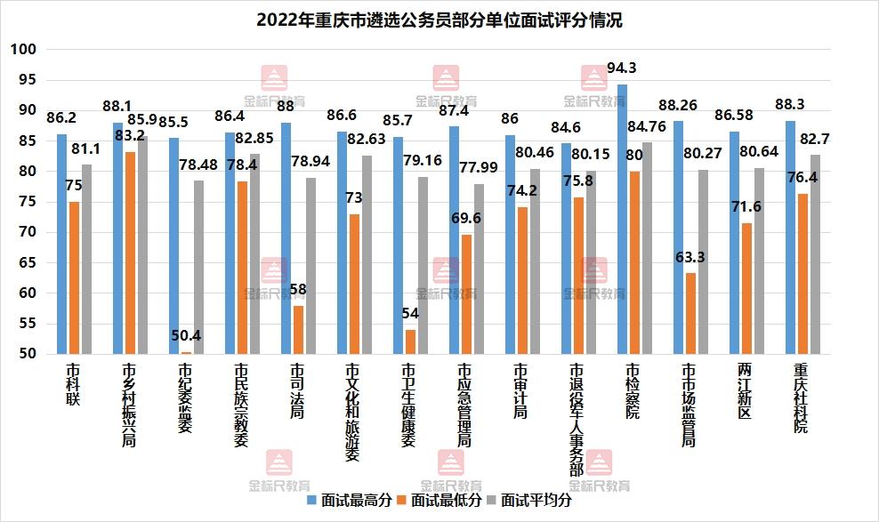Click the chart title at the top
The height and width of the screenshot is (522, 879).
pyautogui.click(x=439, y=20)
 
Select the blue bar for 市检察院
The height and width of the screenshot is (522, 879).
pyautogui.click(x=622, y=219)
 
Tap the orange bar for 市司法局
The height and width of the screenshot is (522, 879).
pyautogui.click(x=298, y=330)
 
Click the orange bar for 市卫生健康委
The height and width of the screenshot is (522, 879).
pyautogui.click(x=410, y=341)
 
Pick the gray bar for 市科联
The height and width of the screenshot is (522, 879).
pyautogui.click(x=85, y=259)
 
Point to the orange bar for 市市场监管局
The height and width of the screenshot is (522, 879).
pyautogui.click(x=690, y=313)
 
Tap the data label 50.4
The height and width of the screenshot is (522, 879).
pyautogui.click(x=185, y=336)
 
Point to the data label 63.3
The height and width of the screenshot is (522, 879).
pyautogui.click(x=689, y=258)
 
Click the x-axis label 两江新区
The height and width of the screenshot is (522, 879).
pyautogui.click(x=746, y=390)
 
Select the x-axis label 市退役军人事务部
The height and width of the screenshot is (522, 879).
pyautogui.click(x=577, y=419)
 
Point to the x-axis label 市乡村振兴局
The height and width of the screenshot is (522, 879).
pyautogui.click(x=129, y=405)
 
